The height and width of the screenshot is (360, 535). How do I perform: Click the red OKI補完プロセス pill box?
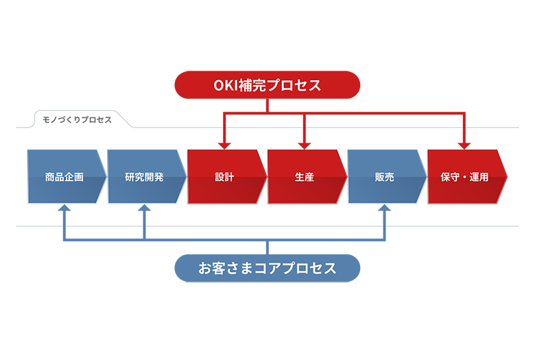[x=267, y=85]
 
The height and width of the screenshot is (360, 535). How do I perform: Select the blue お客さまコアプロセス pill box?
[x=267, y=268]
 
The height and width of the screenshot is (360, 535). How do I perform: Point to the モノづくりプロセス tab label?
[x=77, y=119]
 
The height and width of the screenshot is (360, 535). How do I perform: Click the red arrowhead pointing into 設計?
[x=224, y=145]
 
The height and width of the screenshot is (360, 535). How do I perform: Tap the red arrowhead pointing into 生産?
[x=305, y=145]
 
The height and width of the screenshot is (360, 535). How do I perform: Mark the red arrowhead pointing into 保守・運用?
[x=464, y=145]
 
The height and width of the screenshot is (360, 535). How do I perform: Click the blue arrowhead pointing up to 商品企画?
[x=64, y=209]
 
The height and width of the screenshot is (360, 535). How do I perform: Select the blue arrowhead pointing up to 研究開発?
[x=144, y=209]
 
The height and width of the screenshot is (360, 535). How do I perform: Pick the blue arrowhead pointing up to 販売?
[x=384, y=209]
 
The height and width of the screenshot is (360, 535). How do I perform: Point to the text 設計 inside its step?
[x=224, y=177]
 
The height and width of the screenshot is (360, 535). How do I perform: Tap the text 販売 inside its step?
[x=384, y=177]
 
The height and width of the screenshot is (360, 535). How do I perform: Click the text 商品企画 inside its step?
[x=64, y=177]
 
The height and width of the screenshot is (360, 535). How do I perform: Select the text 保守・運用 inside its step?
[x=464, y=177]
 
